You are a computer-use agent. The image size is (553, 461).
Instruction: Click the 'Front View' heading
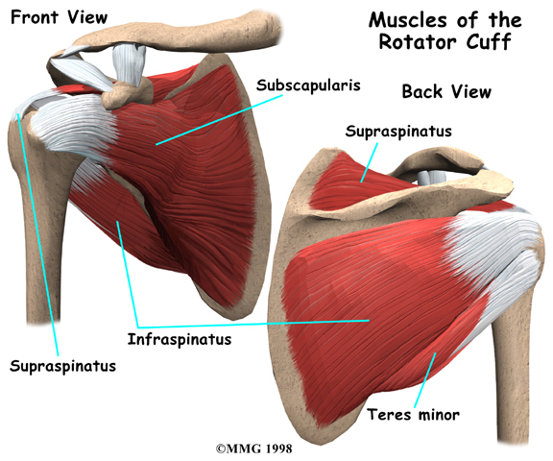pyautogui.click(x=59, y=17)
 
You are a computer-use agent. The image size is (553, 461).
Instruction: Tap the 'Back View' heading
pyautogui.click(x=446, y=91)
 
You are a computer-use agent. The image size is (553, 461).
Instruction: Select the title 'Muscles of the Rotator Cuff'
pyautogui.click(x=445, y=31)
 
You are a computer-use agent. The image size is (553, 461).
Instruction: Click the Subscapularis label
pyautogui.click(x=308, y=85)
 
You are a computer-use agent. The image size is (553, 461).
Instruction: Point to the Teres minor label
pyautogui.click(x=414, y=414)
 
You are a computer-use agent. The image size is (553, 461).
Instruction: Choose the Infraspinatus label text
pyautogui.click(x=180, y=339)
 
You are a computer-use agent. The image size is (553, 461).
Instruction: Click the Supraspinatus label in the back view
pyautogui.click(x=398, y=132)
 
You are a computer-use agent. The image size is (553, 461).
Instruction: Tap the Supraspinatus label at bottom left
pyautogui.click(x=62, y=366)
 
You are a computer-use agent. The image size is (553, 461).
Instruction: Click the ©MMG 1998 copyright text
pyautogui.click(x=254, y=449)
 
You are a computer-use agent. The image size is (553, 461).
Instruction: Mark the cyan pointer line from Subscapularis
pyautogui.click(x=219, y=119)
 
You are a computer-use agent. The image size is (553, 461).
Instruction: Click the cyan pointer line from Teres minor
pyautogui.click(x=425, y=379)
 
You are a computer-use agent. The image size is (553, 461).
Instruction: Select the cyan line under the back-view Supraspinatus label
pyautogui.click(x=370, y=162)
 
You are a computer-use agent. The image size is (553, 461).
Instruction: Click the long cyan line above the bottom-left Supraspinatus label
pyautogui.click(x=37, y=234)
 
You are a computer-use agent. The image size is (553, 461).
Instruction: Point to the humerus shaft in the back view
pyautogui.click(x=512, y=371)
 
